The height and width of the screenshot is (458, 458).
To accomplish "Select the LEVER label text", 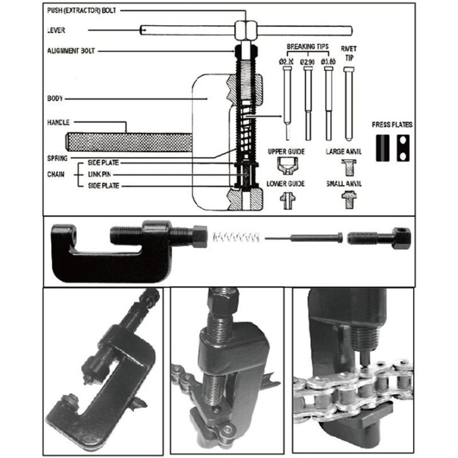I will pyautogui.click(x=56, y=30).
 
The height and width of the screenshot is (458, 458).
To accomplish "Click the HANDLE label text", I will pyautogui.click(x=59, y=122).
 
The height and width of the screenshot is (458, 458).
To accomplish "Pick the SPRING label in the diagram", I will pyautogui.click(x=57, y=158).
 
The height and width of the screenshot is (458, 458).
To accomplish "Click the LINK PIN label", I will pyautogui.click(x=101, y=174).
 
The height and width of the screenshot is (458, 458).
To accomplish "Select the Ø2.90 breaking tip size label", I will pyautogui.click(x=308, y=62).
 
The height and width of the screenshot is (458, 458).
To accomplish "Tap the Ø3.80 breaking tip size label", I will pyautogui.click(x=328, y=62).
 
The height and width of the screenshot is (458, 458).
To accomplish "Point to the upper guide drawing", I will pyautogui.click(x=286, y=166).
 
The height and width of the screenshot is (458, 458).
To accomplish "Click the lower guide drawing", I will pyautogui.click(x=286, y=199).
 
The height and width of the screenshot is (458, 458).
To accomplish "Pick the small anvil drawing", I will pyautogui.click(x=348, y=198).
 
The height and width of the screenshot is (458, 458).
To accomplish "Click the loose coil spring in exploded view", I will pyautogui.click(x=235, y=238).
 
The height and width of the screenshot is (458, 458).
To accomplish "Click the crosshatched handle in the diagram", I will pyautogui.click(x=126, y=141).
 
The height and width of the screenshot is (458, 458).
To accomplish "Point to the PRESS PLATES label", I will pyautogui.click(x=392, y=125).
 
